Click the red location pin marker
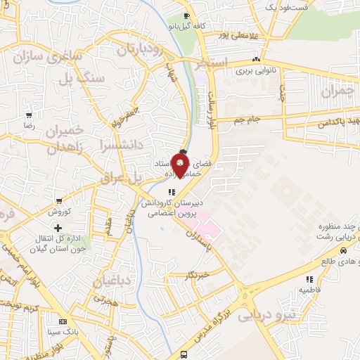pos(181,167)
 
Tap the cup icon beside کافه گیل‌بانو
pos(186,15)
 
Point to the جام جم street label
pos(248,120)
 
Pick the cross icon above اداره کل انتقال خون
pos(58,228)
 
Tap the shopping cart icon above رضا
pos(29,115)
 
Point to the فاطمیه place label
pos(310,289)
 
